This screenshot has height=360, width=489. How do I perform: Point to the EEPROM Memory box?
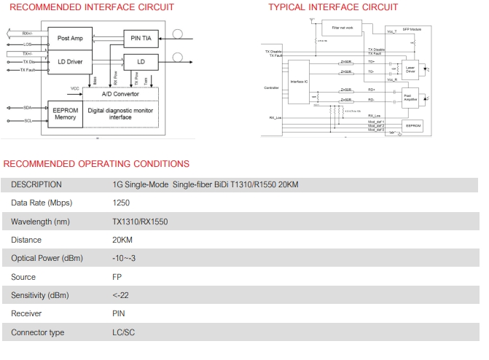point(66,113)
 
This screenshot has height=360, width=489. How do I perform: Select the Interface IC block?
point(299,82)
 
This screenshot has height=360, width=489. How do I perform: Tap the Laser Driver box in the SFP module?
point(410,70)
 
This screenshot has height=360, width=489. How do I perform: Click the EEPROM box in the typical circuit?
point(413,125)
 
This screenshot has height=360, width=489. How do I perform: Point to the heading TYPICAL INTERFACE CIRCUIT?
point(333,7)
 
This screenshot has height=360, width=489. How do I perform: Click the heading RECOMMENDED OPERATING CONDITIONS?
point(96,164)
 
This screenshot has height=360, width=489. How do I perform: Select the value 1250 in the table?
point(122,203)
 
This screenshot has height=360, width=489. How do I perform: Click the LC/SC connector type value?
point(124,332)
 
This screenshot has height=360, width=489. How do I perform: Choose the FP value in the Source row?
point(117,277)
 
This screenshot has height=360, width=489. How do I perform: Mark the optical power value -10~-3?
point(125,258)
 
